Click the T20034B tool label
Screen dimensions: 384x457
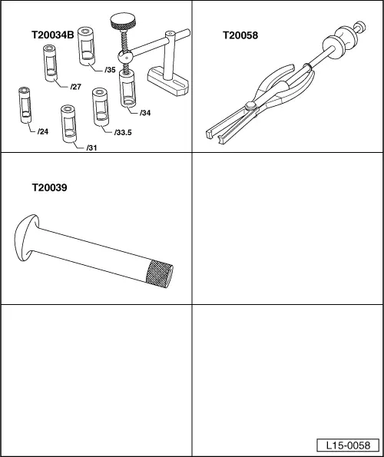tap(53, 35)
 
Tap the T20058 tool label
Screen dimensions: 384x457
tap(240, 35)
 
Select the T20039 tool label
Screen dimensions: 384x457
tap(49, 187)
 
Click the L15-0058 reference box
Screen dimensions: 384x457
tap(348, 445)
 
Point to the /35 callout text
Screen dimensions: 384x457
tap(111, 70)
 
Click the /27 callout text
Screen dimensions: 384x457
tap(76, 87)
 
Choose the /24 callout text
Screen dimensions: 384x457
tap(43, 132)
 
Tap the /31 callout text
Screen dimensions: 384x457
tap(91, 147)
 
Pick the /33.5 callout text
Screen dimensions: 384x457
tap(123, 133)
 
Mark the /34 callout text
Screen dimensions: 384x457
tap(145, 113)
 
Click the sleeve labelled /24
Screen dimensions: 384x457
tap(25, 105)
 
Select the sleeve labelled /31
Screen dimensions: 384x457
tap(68, 124)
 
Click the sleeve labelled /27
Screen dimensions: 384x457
tap(50, 63)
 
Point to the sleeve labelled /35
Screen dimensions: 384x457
tap(87, 46)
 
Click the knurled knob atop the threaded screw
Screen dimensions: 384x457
tap(123, 21)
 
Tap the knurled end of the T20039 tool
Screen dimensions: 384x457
tap(159, 273)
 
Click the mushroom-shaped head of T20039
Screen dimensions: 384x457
tap(25, 237)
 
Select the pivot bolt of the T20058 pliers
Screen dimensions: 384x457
tap(251, 106)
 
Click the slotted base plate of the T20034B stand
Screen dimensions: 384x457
tap(168, 81)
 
